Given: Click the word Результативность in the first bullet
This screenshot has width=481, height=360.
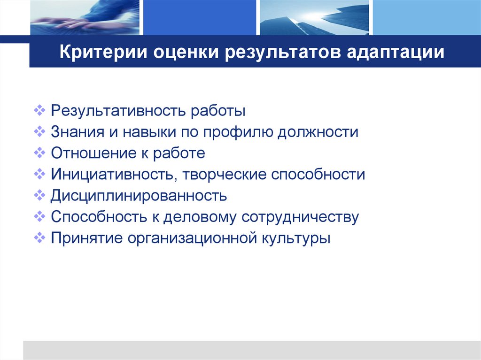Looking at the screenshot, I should coord(117,111).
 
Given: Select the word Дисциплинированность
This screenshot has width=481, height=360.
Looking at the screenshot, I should coord(139,196).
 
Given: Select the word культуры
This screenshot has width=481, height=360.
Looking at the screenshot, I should coord(296,238).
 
